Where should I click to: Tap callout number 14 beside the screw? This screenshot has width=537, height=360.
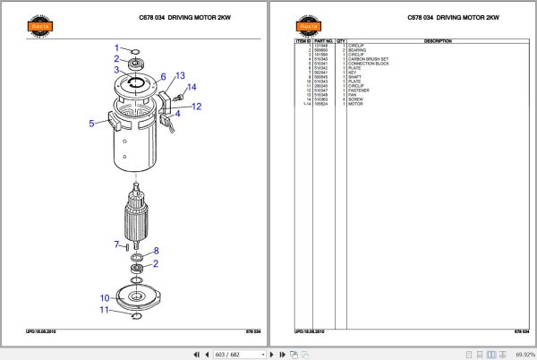point(192,87)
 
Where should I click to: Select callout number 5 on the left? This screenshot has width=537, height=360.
point(91,124)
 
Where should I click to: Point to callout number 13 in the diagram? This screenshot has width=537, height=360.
point(179,76)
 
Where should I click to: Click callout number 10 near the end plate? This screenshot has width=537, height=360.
point(104,297)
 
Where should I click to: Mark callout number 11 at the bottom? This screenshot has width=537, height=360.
point(105,310)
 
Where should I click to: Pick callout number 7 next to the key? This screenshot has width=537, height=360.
point(116,244)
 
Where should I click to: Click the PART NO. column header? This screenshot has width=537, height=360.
point(323,41)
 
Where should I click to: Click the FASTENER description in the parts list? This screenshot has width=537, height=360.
point(359,90)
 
